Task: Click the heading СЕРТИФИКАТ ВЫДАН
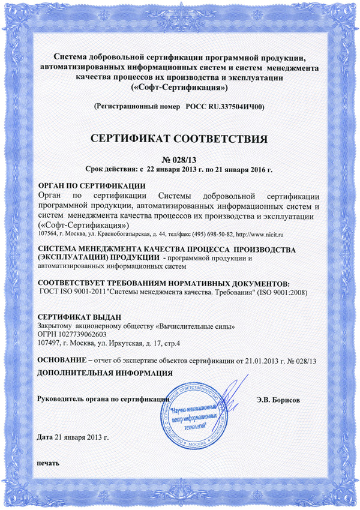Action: click(80, 317)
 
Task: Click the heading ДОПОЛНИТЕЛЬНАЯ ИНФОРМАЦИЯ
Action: click(105, 373)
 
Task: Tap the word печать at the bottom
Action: click(48, 464)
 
